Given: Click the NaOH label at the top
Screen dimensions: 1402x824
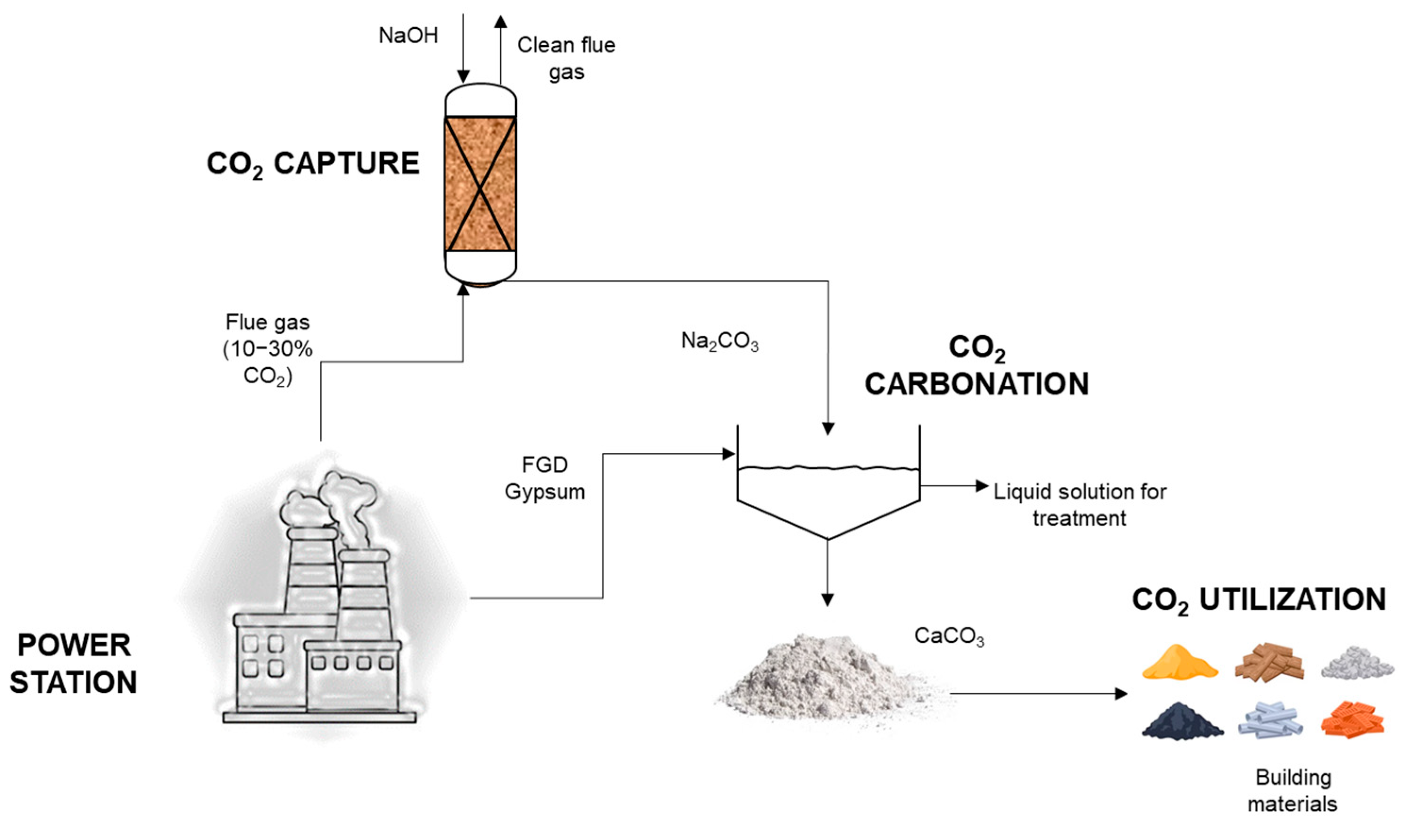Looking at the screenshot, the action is pyautogui.click(x=409, y=35).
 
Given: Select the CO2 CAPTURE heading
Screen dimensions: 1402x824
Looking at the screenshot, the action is pyautogui.click(x=313, y=164).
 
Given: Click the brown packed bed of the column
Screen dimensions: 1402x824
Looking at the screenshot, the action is pyautogui.click(x=480, y=184).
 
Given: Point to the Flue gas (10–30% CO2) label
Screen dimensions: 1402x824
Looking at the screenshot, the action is pyautogui.click(x=268, y=349).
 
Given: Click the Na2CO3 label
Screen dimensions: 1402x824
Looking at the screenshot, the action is pyautogui.click(x=720, y=341).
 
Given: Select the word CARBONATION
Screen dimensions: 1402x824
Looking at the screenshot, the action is pyautogui.click(x=976, y=384).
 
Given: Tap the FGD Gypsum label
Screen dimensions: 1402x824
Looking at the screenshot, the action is pyautogui.click(x=545, y=478).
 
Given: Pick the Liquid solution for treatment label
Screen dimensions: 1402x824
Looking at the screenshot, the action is pyautogui.click(x=1080, y=505).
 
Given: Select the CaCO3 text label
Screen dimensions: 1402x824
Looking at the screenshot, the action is pyautogui.click(x=949, y=637).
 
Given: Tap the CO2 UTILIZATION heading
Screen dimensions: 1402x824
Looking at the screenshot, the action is pyautogui.click(x=1259, y=601).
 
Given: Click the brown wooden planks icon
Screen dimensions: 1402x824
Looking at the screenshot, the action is pyautogui.click(x=1269, y=663).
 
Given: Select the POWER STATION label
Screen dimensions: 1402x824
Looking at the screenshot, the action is pyautogui.click(x=74, y=663).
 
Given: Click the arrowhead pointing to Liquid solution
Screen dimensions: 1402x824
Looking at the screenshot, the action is pyautogui.click(x=982, y=486).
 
